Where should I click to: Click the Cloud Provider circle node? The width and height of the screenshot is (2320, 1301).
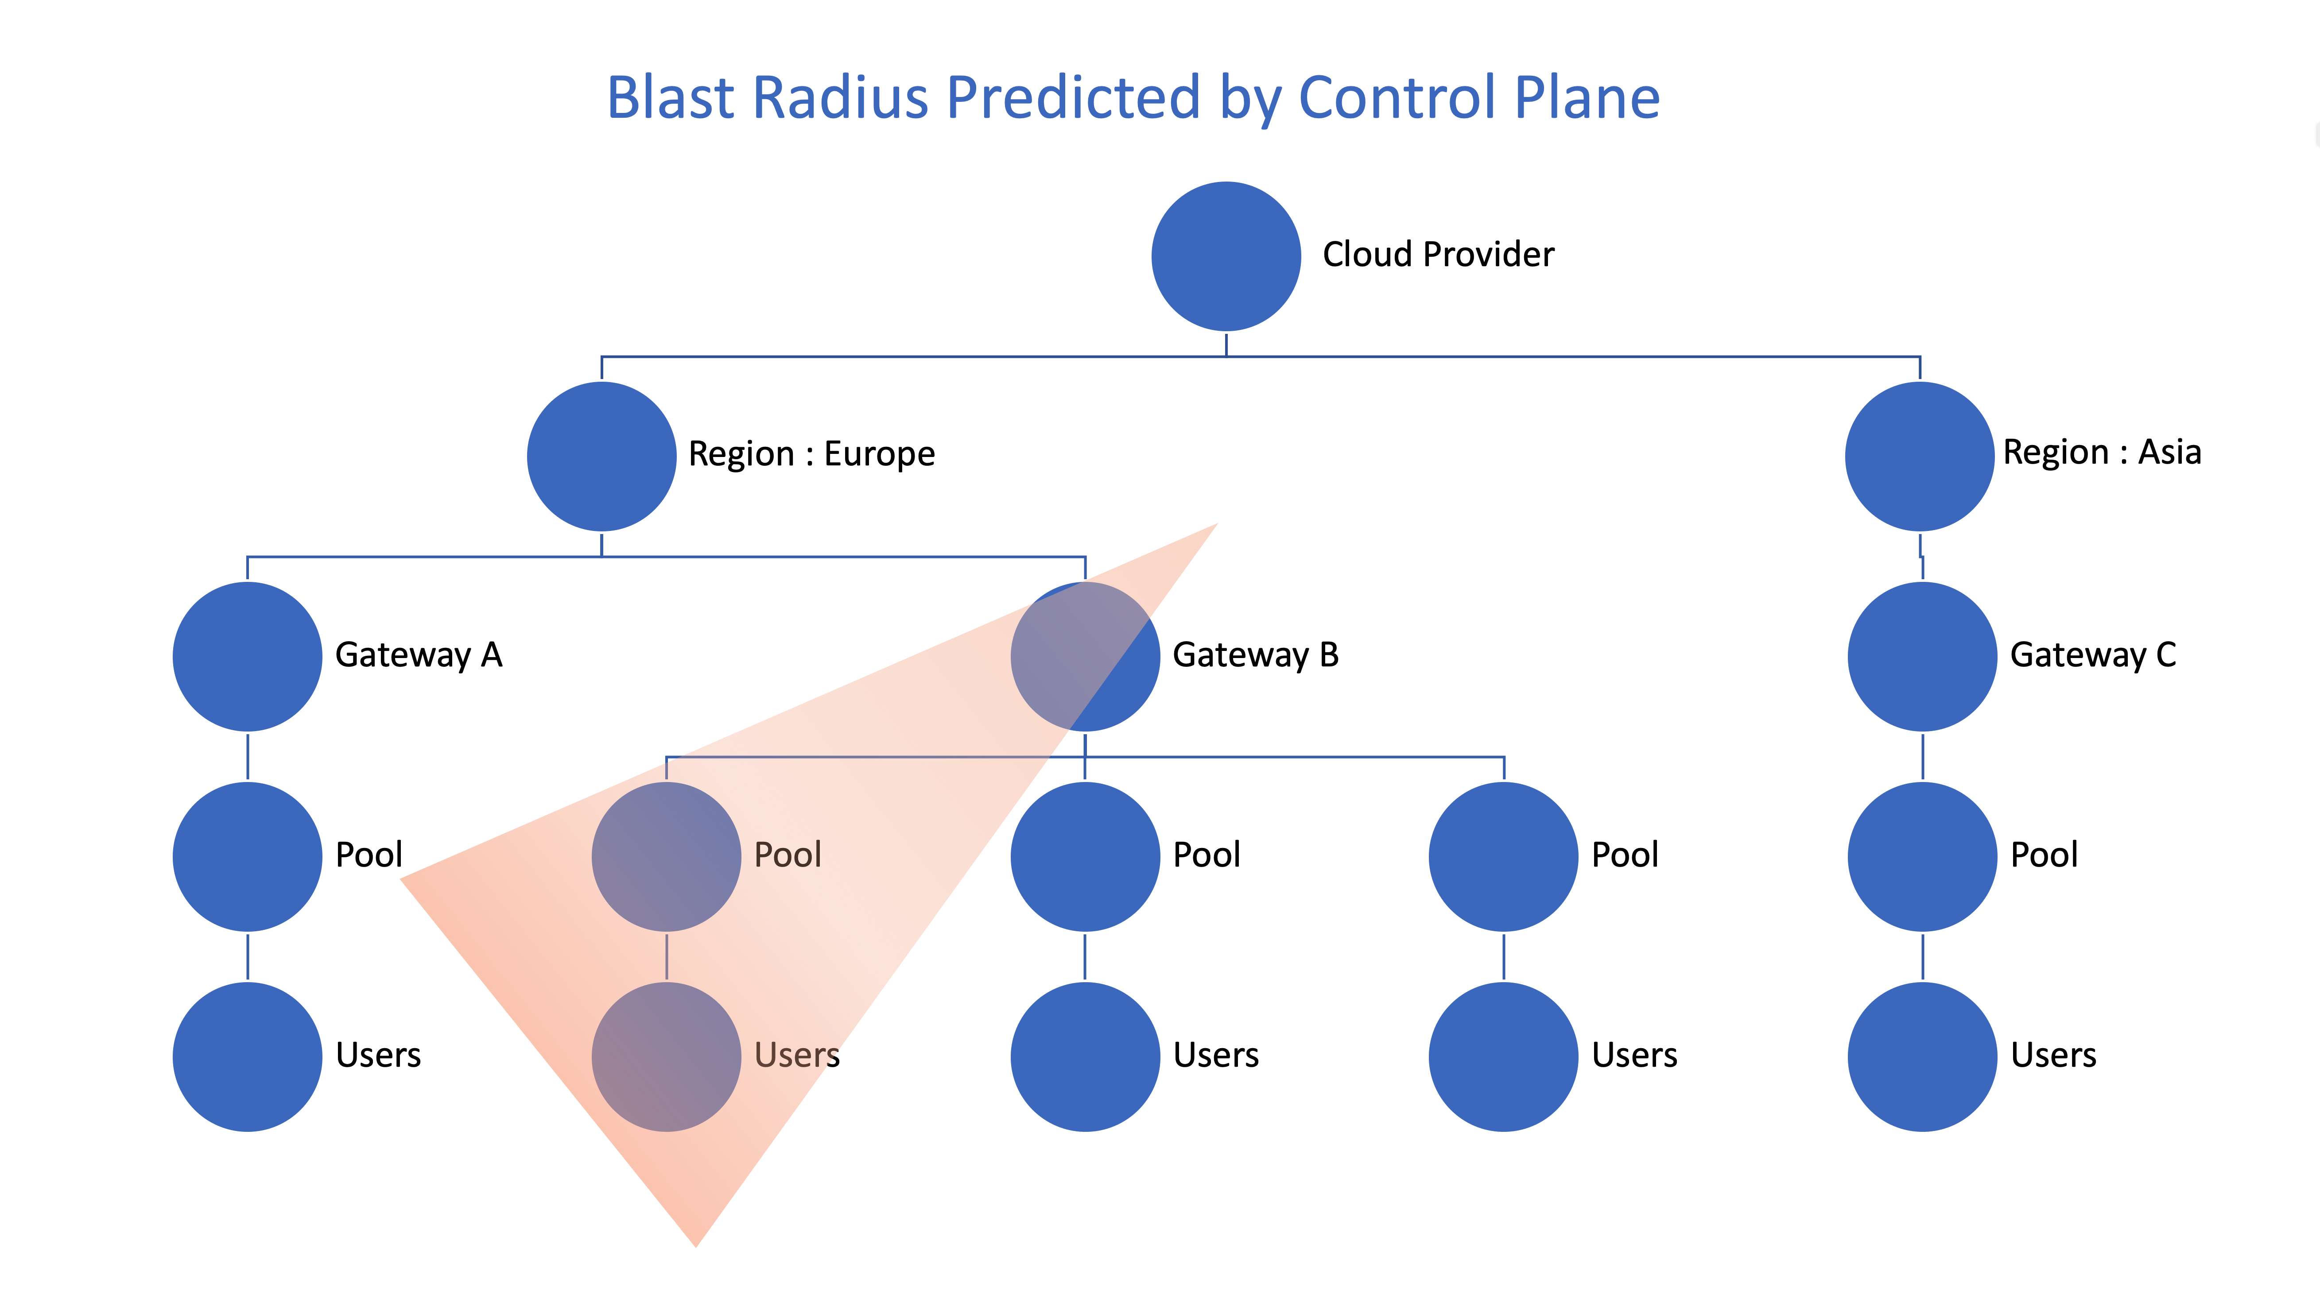pyautogui.click(x=1226, y=256)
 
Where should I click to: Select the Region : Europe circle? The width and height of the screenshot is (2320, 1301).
pyautogui.click(x=601, y=457)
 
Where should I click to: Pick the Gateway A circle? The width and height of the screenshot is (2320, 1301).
pyautogui.click(x=248, y=656)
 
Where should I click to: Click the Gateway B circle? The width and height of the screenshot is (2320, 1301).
pyautogui.click(x=1085, y=656)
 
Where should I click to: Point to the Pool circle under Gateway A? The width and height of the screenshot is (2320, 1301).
pyautogui.click(x=248, y=856)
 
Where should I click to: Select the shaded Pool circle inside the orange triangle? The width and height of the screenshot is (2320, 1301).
pyautogui.click(x=667, y=856)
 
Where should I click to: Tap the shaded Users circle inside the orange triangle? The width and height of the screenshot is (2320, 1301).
pyautogui.click(x=667, y=1056)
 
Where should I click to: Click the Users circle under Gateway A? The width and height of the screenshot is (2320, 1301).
pyautogui.click(x=248, y=1056)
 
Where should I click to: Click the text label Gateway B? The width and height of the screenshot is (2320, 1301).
pyautogui.click(x=1256, y=655)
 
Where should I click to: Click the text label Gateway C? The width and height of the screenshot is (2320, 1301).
pyautogui.click(x=2093, y=655)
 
